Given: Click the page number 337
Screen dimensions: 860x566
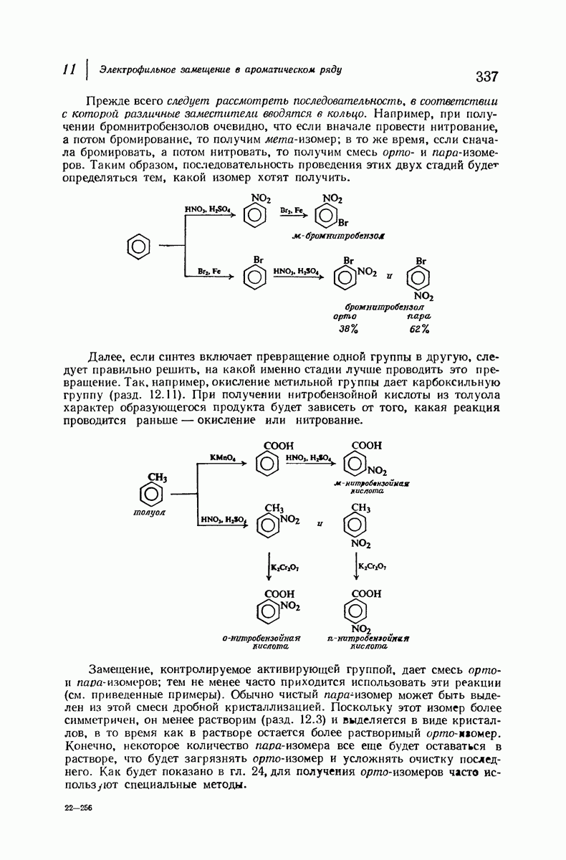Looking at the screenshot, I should coord(486,77).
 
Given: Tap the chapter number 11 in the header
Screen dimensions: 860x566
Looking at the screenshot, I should coord(69,70).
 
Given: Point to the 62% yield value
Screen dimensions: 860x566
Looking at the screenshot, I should coord(418,329).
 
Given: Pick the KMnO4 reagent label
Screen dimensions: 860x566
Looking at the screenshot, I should coord(223,457).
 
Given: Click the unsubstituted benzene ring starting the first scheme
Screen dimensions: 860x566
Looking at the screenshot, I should coord(137,247).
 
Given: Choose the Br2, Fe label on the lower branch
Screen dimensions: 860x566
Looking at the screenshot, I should coord(208,272).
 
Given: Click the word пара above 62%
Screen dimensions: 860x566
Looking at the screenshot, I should coord(418,316).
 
